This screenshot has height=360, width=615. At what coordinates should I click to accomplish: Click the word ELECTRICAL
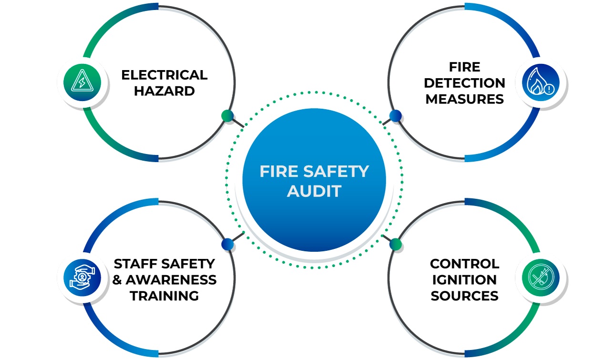click(x=164, y=75)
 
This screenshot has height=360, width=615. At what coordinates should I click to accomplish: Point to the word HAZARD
click(x=164, y=91)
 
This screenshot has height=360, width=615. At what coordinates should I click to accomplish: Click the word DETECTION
click(x=464, y=83)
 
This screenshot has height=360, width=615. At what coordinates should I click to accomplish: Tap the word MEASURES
click(x=464, y=99)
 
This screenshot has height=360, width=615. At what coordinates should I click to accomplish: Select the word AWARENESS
click(x=171, y=279)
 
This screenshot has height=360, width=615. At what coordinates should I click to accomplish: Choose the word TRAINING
click(x=164, y=296)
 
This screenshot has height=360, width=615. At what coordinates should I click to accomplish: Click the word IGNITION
click(x=464, y=279)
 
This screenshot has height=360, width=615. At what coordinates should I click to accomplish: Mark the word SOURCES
click(x=464, y=296)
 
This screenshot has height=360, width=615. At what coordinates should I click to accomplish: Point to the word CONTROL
click(x=464, y=264)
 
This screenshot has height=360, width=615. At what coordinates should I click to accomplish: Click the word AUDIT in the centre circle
click(x=314, y=191)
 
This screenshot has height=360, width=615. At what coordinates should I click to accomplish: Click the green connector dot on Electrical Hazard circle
click(x=227, y=115)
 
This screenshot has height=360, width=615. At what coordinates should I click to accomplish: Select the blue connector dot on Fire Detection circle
click(x=395, y=115)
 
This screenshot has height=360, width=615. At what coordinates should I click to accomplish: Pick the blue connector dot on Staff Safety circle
click(x=227, y=244)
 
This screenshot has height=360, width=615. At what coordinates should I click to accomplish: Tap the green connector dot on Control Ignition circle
click(x=395, y=244)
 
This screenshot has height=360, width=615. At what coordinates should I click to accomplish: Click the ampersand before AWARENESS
click(x=117, y=279)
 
